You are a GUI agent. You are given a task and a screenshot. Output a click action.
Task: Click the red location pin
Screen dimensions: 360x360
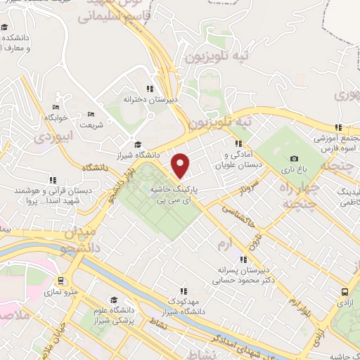[181, 165]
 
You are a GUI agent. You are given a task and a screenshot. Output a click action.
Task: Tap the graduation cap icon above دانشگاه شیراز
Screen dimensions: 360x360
[137, 144]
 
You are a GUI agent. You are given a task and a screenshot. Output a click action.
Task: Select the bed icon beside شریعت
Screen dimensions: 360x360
[90, 114]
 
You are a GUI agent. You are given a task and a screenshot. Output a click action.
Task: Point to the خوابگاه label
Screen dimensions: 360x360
[56, 117]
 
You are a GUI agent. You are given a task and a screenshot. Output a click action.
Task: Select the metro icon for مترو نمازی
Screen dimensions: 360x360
[63, 279]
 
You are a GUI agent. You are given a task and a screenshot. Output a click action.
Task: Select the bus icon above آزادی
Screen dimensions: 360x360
[344, 292]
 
